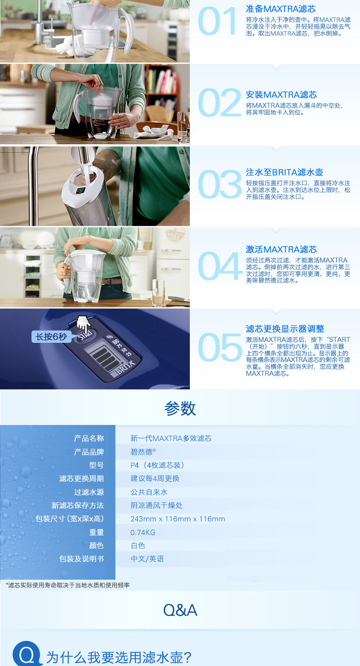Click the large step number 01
coord(217,21)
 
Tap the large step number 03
coord(219,185)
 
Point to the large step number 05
coord(219,347)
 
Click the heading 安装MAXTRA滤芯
coord(281,95)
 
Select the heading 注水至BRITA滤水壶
coord(285,172)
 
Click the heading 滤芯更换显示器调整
coord(285,329)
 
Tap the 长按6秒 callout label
coord(51,337)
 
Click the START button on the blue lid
coord(86,336)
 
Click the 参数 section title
coord(180,408)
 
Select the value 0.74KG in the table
coord(143,532)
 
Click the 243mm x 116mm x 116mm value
coord(178,519)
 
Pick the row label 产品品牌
coord(89,452)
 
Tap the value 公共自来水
coord(149,492)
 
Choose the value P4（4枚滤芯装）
coord(157,465)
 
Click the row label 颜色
coord(96,545)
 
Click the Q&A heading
coord(180,610)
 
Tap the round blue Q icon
coord(27,654)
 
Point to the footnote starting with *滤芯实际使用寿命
coord(68,585)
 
